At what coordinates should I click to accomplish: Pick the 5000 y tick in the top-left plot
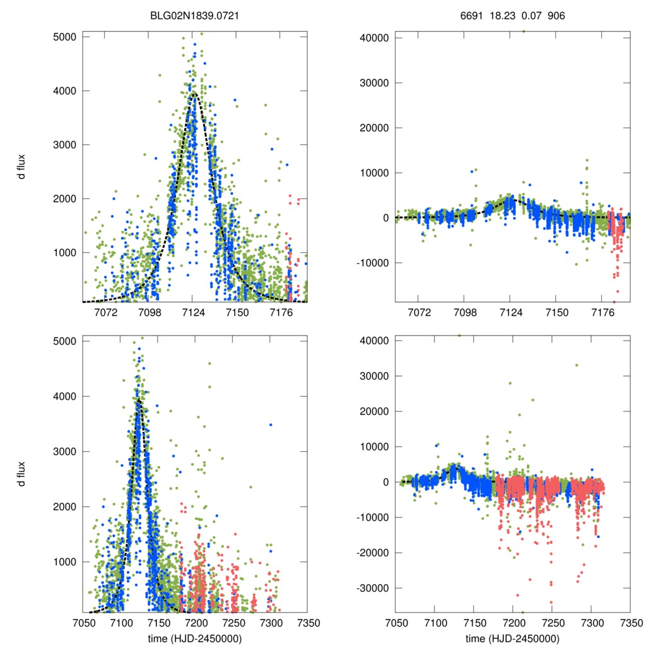click(64, 37)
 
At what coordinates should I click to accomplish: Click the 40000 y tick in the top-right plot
click(372, 37)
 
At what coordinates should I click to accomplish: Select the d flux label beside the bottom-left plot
click(21, 476)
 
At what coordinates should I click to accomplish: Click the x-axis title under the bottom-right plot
click(512, 638)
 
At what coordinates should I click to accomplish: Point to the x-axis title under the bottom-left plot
click(194, 638)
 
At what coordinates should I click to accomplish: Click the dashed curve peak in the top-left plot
click(194, 92)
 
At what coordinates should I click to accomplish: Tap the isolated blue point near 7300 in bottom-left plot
click(271, 425)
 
